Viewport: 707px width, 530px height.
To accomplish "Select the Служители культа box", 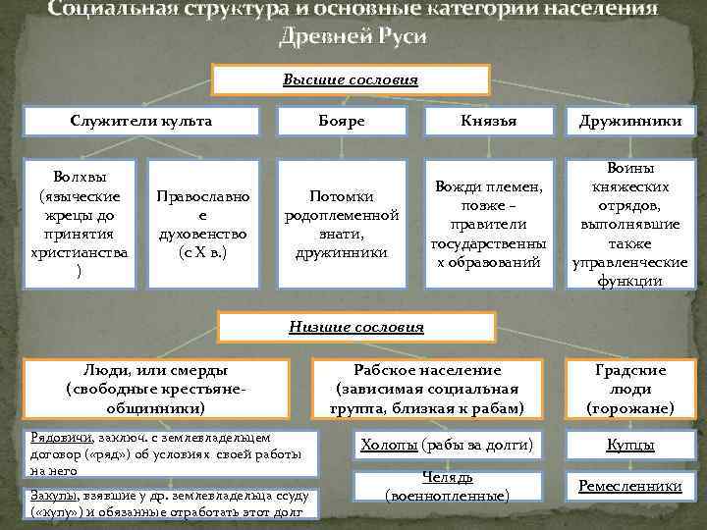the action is [141, 122].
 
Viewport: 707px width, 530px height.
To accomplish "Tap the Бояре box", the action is [341, 122].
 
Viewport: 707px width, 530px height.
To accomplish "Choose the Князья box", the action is [487, 122].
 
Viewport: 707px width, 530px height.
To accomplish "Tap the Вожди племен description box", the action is [487, 226].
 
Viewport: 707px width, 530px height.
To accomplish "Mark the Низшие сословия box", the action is [355, 327].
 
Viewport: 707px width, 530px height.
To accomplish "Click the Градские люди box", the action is [629, 389].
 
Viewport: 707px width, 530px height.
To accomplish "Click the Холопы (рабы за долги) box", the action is [447, 446].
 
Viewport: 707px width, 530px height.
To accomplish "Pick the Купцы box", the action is [629, 446].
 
